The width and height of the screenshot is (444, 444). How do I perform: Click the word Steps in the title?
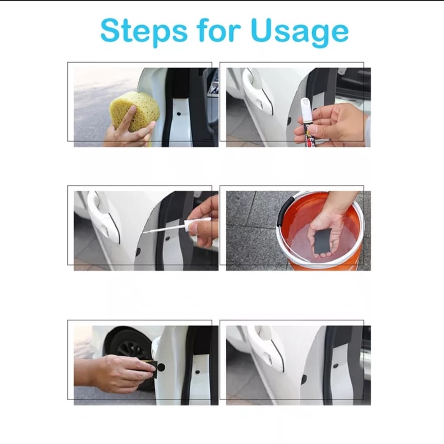pyautogui.click(x=144, y=31)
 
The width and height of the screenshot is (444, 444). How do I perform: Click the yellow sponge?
pyautogui.click(x=134, y=111)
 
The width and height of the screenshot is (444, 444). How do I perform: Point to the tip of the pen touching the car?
pyautogui.click(x=144, y=232)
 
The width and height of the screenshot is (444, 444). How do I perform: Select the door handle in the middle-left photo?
pyautogui.click(x=103, y=218)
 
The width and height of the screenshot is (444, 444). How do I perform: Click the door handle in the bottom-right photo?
pyautogui.click(x=266, y=348)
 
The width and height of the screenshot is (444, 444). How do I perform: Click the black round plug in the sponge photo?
pyautogui.click(x=179, y=114)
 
